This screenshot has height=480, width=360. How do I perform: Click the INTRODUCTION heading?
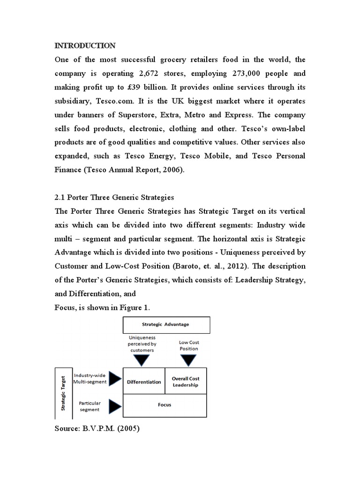85,45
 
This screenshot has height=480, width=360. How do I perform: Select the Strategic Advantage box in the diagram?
166,324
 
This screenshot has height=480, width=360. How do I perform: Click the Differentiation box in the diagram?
144,382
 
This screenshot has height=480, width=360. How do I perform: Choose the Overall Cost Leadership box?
185,382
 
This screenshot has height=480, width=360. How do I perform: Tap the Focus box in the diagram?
165,405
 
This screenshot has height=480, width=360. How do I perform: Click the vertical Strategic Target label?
62,392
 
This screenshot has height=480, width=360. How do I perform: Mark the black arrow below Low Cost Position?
188,360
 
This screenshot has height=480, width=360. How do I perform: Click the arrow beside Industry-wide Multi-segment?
114,378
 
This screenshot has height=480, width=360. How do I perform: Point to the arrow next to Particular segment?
114,405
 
